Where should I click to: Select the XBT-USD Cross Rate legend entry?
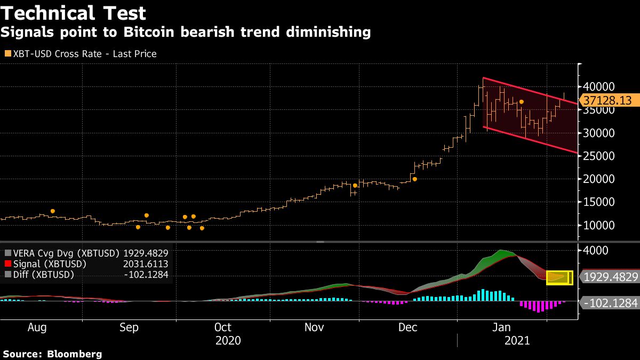pyautogui.click(x=80, y=54)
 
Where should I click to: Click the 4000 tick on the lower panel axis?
pyautogui.click(x=597, y=250)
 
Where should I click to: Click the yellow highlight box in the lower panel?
pyautogui.click(x=559, y=277)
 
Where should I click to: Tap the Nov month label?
pyautogui.click(x=314, y=327)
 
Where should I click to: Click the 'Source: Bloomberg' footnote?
pyautogui.click(x=52, y=354)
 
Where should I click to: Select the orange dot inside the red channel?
pyautogui.click(x=522, y=102)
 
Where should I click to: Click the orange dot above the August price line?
pyautogui.click(x=52, y=211)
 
